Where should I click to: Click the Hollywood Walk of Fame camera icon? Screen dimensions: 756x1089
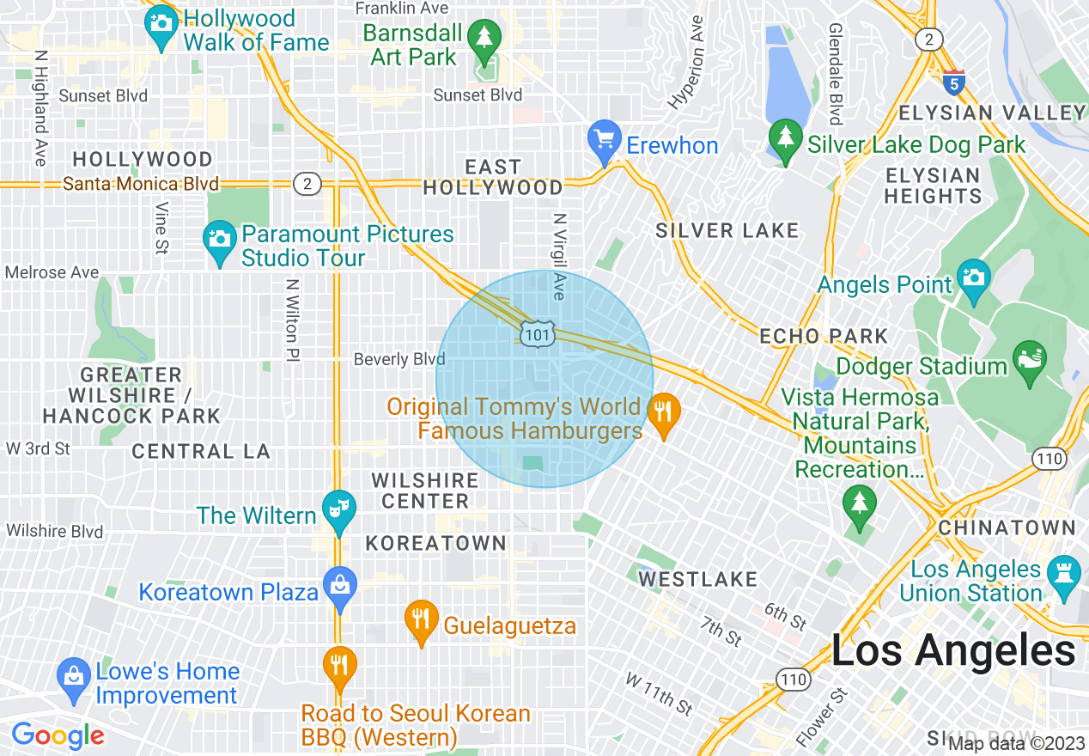click(161, 21)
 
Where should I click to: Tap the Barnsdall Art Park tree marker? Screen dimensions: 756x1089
click(486, 37)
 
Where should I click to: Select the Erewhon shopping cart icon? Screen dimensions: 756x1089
click(604, 137)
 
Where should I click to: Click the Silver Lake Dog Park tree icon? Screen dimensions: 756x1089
click(784, 137)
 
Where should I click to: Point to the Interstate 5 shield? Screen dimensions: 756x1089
click(953, 82)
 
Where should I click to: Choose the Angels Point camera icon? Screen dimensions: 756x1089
click(974, 277)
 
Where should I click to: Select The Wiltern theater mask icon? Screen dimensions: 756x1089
click(338, 509)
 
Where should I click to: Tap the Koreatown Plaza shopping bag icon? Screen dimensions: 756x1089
click(340, 586)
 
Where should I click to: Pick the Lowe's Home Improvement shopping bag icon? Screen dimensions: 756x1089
click(74, 675)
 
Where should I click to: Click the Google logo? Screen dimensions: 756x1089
click(58, 735)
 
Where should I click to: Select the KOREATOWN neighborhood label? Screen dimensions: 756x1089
click(435, 543)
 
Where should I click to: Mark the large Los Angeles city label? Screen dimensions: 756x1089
click(952, 650)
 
